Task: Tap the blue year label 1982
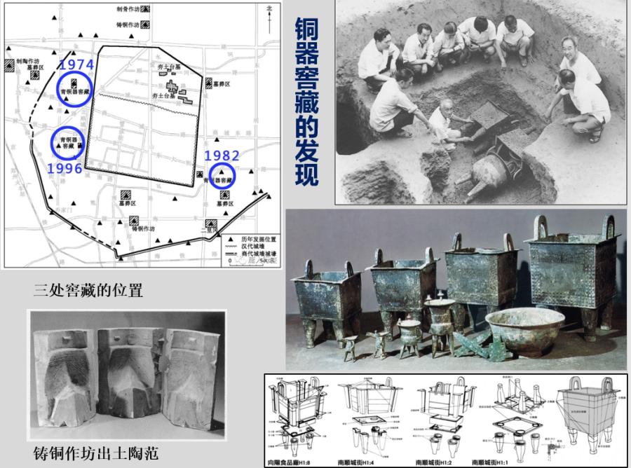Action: click(221, 156)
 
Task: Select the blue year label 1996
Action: click(65, 168)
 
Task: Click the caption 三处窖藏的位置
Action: click(88, 289)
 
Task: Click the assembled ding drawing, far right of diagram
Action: click(589, 413)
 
